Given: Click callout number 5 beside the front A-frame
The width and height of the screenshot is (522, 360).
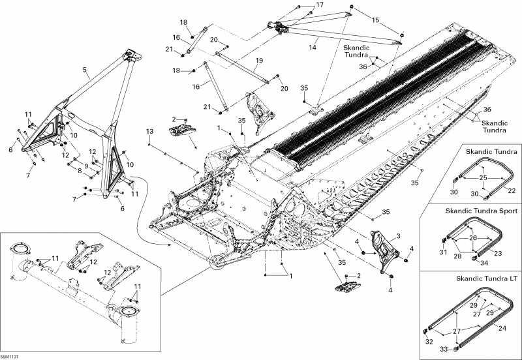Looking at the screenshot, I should click(x=85, y=68).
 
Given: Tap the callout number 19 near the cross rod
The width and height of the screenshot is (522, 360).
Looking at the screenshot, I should click(x=259, y=61).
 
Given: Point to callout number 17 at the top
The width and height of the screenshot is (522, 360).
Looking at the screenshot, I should click(x=320, y=5).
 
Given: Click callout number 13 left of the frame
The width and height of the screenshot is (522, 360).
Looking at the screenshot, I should click(x=149, y=132).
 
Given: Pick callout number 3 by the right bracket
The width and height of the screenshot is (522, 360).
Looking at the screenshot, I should click(x=398, y=235).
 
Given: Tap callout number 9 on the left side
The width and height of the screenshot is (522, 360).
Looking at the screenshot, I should click(x=85, y=166).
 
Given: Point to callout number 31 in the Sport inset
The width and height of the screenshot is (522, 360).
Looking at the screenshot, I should click(x=443, y=252).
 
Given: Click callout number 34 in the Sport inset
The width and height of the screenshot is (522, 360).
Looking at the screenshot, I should click(x=484, y=263).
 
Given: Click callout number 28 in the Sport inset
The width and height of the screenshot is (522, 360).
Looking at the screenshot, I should click(x=457, y=256).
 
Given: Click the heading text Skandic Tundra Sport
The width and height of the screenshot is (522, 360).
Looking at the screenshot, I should click(x=482, y=211).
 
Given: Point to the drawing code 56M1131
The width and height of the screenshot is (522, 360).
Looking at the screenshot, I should click(x=10, y=356).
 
